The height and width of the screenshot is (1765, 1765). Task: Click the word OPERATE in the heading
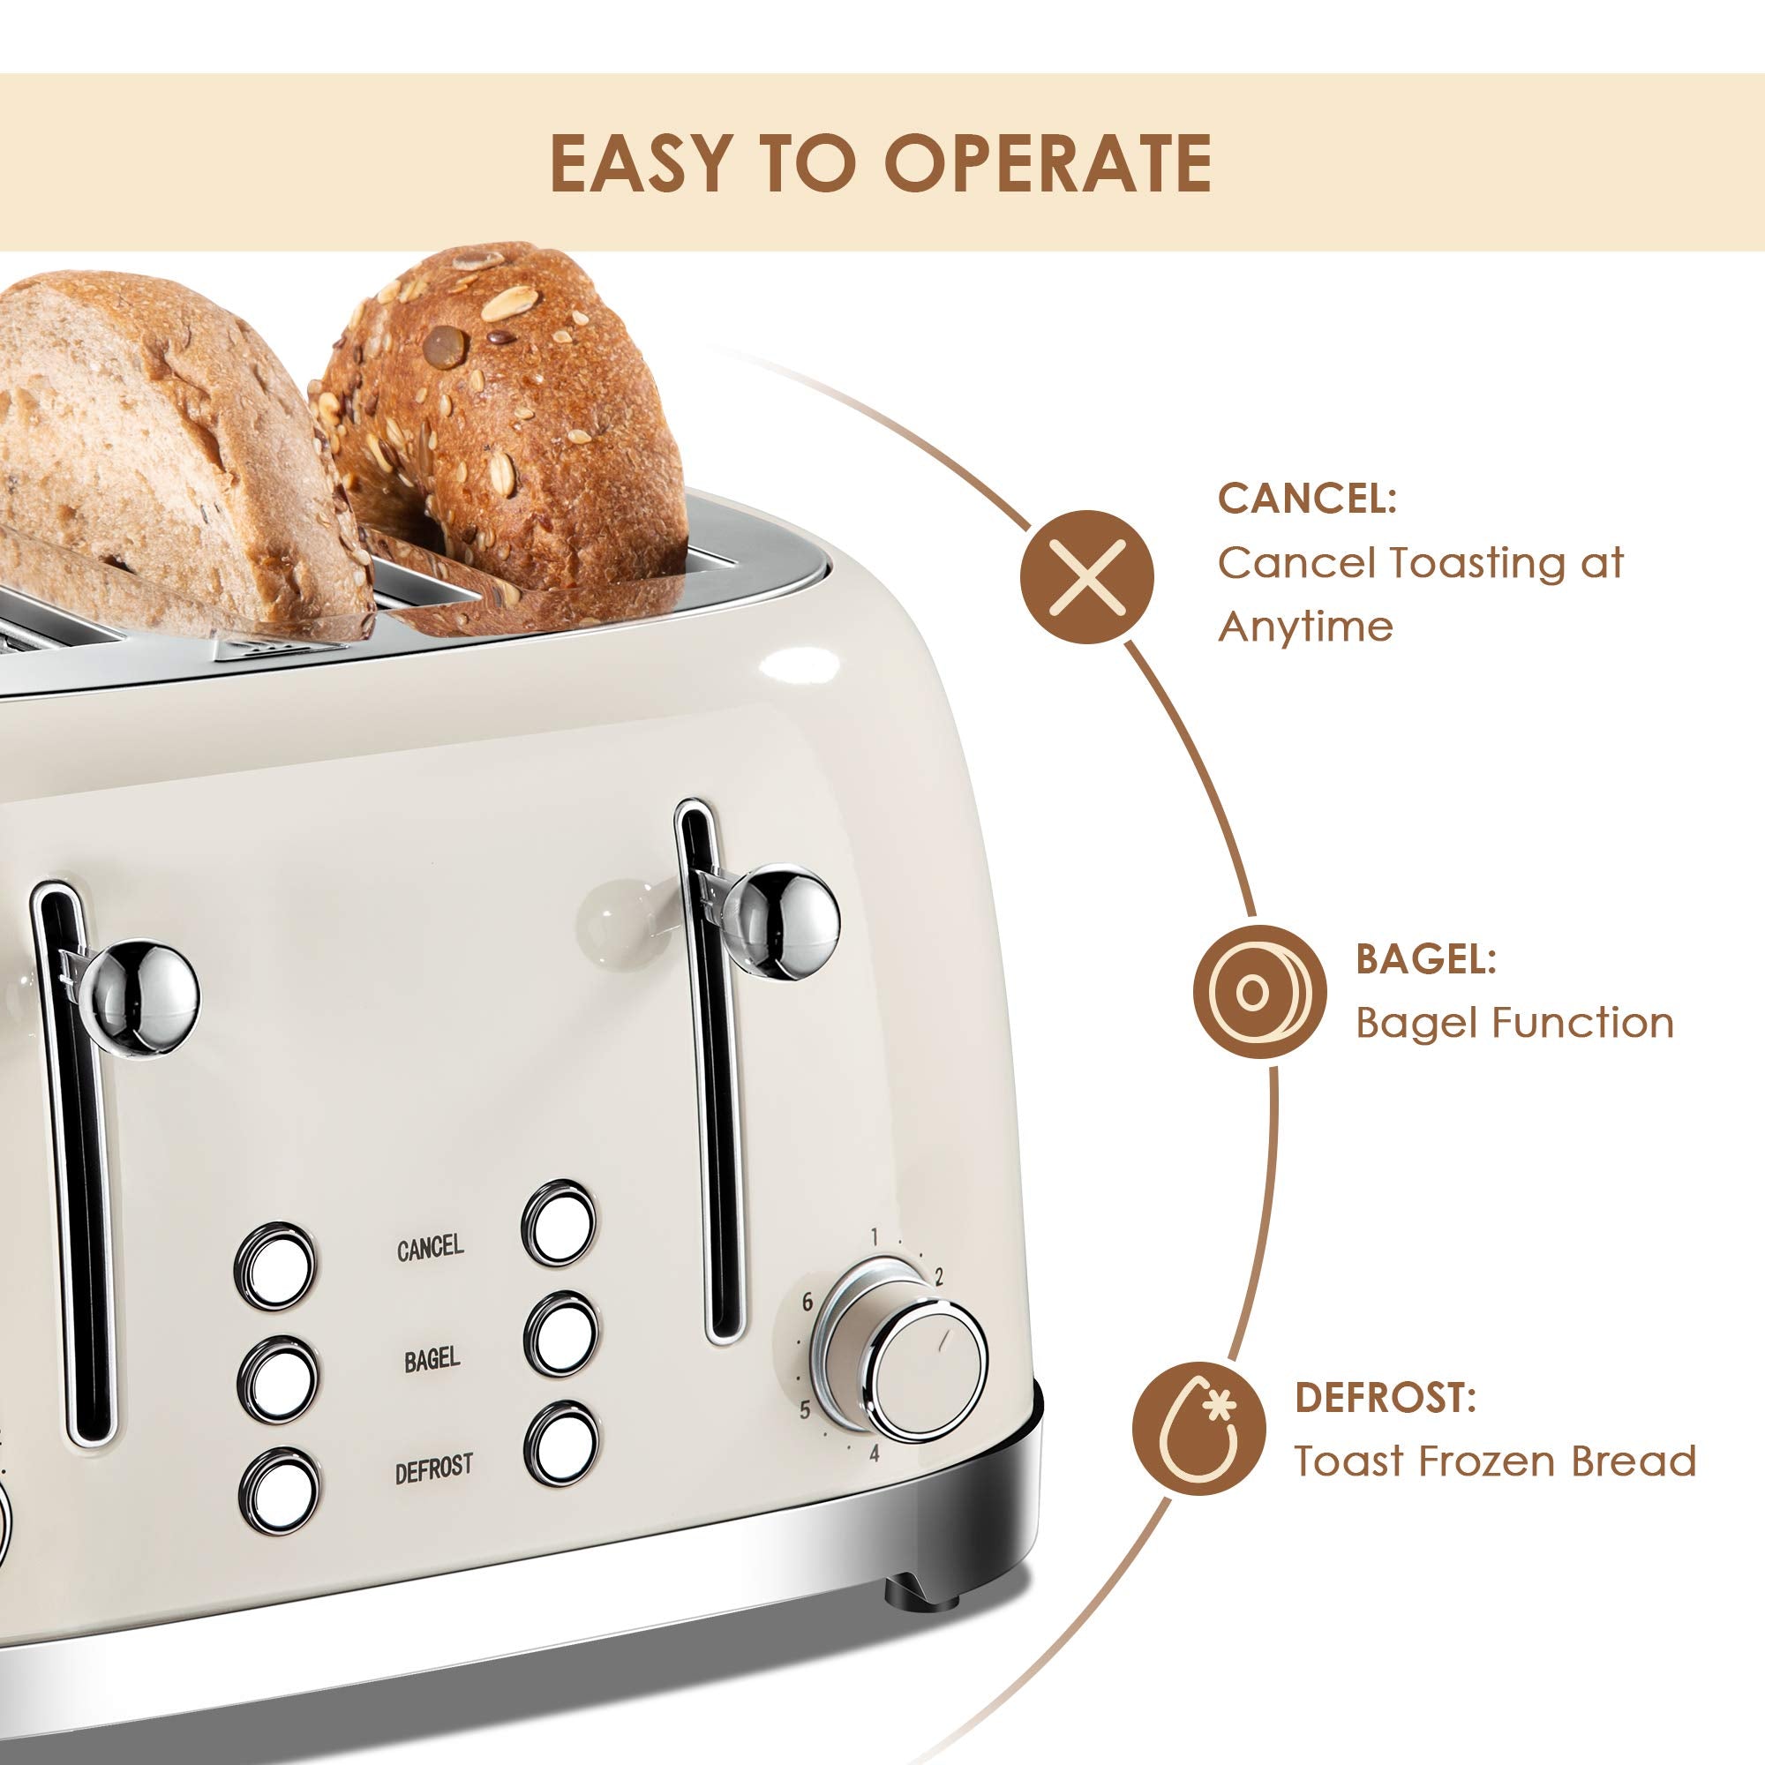point(1047,163)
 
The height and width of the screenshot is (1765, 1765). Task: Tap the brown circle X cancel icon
point(1086,576)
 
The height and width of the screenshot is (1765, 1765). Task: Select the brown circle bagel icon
point(1259,992)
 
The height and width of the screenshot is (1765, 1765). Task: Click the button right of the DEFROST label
point(562,1445)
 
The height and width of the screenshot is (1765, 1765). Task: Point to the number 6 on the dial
point(807,1303)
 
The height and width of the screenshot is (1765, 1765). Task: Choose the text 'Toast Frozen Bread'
point(1495,1461)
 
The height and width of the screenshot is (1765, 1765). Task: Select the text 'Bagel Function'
point(1513,1022)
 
